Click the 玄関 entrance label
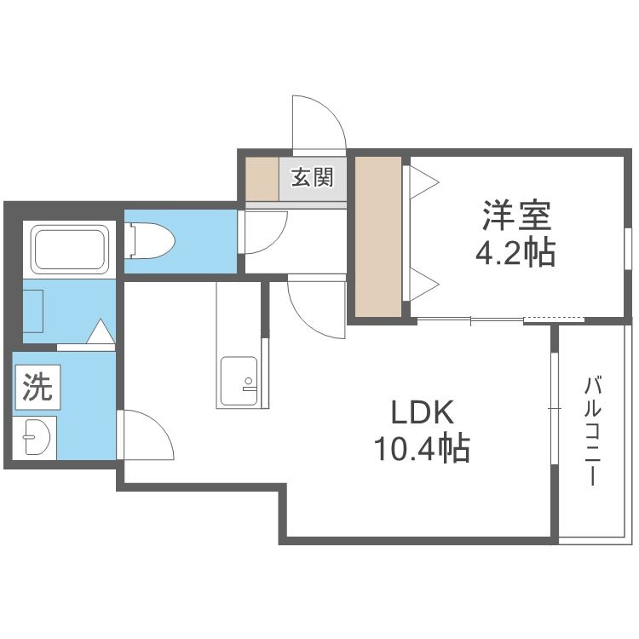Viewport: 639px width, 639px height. [x=312, y=177]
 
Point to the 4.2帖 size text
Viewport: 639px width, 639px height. [x=515, y=253]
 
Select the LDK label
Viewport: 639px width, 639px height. [x=423, y=413]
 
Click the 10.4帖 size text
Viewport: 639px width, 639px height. [x=423, y=448]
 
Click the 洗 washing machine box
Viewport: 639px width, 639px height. [x=37, y=387]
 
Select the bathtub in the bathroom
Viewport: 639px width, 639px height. [x=70, y=250]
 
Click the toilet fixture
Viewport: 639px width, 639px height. [x=150, y=241]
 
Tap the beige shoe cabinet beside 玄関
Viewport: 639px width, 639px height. [x=262, y=179]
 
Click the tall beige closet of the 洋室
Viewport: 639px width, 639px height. [x=378, y=237]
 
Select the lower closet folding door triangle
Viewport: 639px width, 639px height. [x=424, y=284]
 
